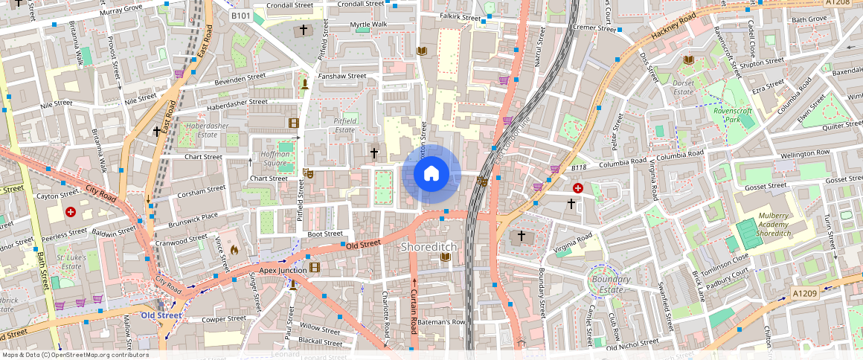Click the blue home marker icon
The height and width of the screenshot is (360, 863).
pos(431,174)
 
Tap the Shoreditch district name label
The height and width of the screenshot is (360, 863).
pos(429,246)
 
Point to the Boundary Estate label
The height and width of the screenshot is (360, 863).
pos(612,284)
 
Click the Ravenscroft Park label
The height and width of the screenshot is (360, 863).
pos(734,115)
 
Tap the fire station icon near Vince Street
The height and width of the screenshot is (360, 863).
pos(235,251)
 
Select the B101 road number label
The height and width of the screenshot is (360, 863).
pos(240,16)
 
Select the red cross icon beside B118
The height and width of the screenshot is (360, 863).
pos(577,189)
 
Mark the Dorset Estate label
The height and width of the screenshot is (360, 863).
pos(683,88)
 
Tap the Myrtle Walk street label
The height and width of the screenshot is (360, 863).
pos(369,25)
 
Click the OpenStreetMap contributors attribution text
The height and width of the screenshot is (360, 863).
pos(74,355)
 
